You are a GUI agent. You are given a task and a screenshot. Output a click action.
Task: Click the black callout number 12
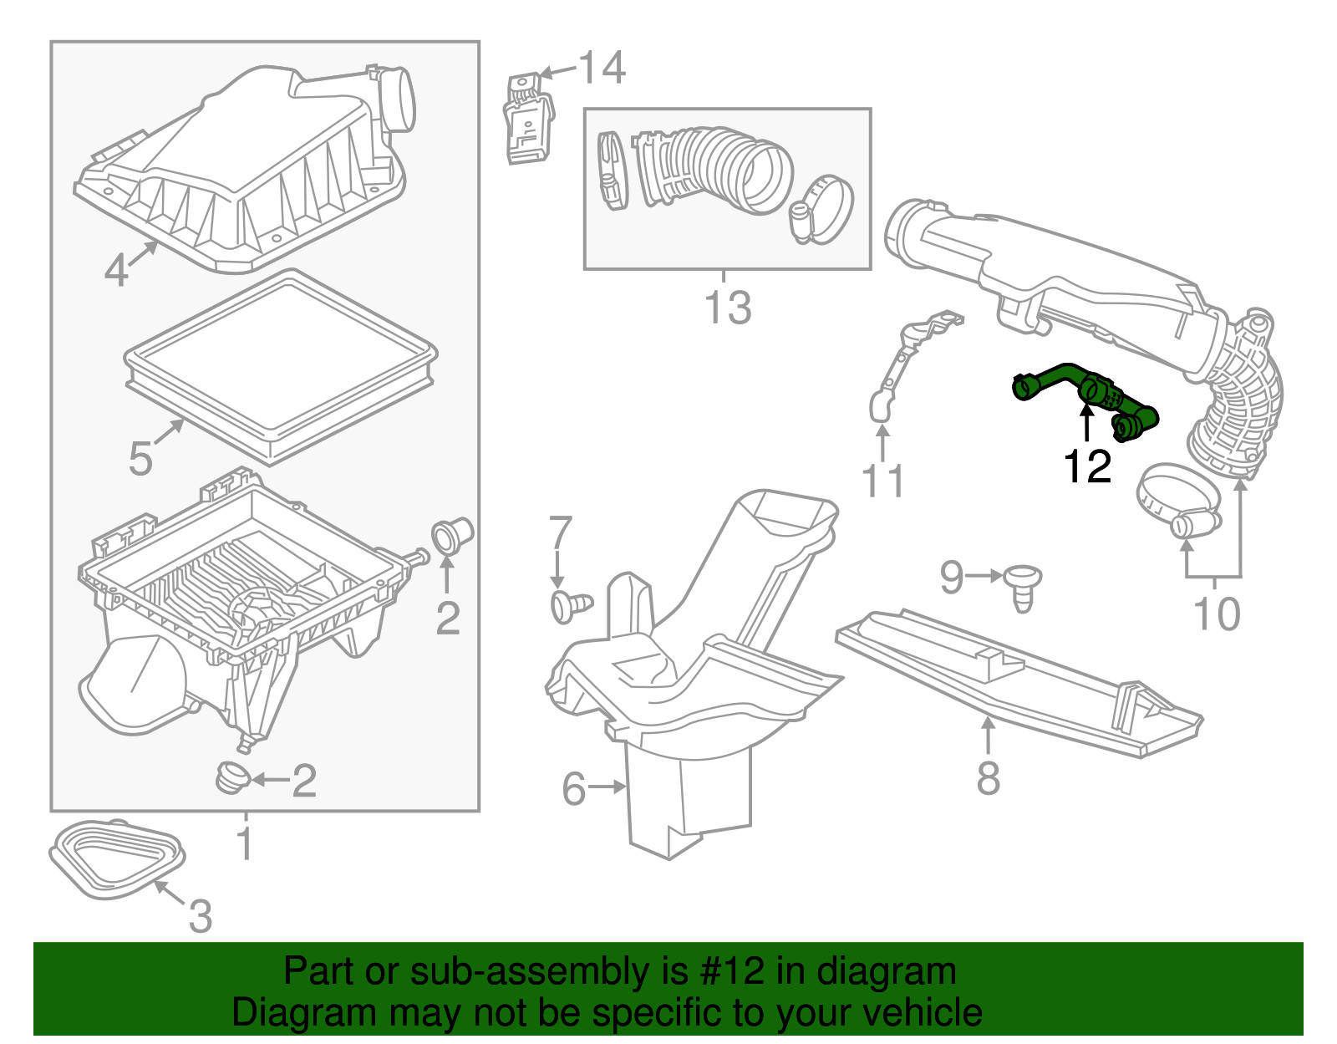(x=1087, y=466)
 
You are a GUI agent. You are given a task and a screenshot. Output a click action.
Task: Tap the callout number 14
(x=602, y=68)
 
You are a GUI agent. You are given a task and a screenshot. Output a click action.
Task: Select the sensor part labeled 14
(x=528, y=120)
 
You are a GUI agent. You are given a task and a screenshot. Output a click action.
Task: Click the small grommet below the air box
(x=231, y=777)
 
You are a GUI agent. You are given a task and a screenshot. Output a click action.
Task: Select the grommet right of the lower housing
(x=452, y=535)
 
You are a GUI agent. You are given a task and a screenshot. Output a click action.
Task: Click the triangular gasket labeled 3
(x=117, y=860)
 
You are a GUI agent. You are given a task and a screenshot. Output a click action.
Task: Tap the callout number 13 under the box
(x=728, y=308)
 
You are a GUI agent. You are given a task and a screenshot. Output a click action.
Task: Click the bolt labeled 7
(x=569, y=605)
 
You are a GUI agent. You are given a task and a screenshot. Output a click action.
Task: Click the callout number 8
(x=988, y=778)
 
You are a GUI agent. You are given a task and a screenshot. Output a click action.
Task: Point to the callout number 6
(x=573, y=788)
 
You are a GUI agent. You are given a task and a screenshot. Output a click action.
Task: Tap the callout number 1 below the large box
(x=244, y=844)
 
